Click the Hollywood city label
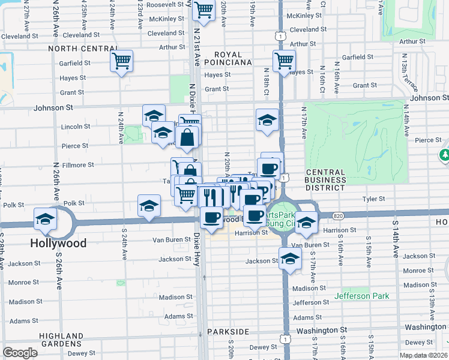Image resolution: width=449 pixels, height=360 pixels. click(58, 244)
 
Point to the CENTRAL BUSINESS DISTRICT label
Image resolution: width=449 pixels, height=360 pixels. click(325, 180)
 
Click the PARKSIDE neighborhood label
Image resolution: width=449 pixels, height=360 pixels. click(228, 332)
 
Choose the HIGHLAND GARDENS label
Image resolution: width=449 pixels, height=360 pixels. click(61, 340)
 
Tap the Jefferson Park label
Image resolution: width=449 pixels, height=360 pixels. click(361, 296)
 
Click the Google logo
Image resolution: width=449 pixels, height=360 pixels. click(20, 353)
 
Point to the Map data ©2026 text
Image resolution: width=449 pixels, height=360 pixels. click(423, 355)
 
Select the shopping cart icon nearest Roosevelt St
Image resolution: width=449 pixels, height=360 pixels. click(203, 10)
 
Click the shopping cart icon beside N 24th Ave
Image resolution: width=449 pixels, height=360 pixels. click(121, 60)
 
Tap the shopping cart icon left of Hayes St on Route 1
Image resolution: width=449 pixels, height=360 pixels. click(283, 60)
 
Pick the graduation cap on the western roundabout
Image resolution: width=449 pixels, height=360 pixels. click(45, 220)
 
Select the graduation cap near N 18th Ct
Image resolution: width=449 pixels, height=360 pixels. click(267, 120)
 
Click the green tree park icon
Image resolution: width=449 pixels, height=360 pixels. click(444, 156)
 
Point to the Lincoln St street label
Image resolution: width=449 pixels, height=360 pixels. click(76, 127)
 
